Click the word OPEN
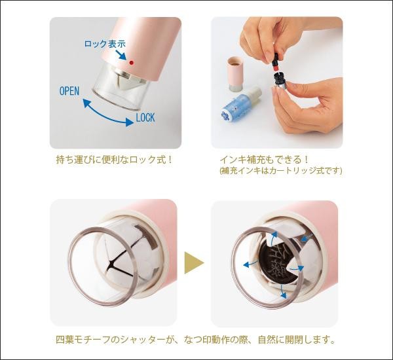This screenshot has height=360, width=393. coord(69,91)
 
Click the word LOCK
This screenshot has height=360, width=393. coord(145,118)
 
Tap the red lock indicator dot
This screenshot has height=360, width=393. coord(132,63)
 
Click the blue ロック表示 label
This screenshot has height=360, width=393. coord(105,44)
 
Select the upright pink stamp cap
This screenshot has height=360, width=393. coord(235,74)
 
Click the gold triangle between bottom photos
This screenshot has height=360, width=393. coord(194,262)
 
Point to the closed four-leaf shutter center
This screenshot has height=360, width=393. coord(110,262)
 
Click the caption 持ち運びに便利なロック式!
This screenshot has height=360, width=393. coord(115,160)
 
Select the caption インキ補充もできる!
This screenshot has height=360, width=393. coord(264,160)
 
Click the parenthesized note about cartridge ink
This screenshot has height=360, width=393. coord(281,171)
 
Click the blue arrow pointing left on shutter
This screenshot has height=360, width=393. coord(250,264)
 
